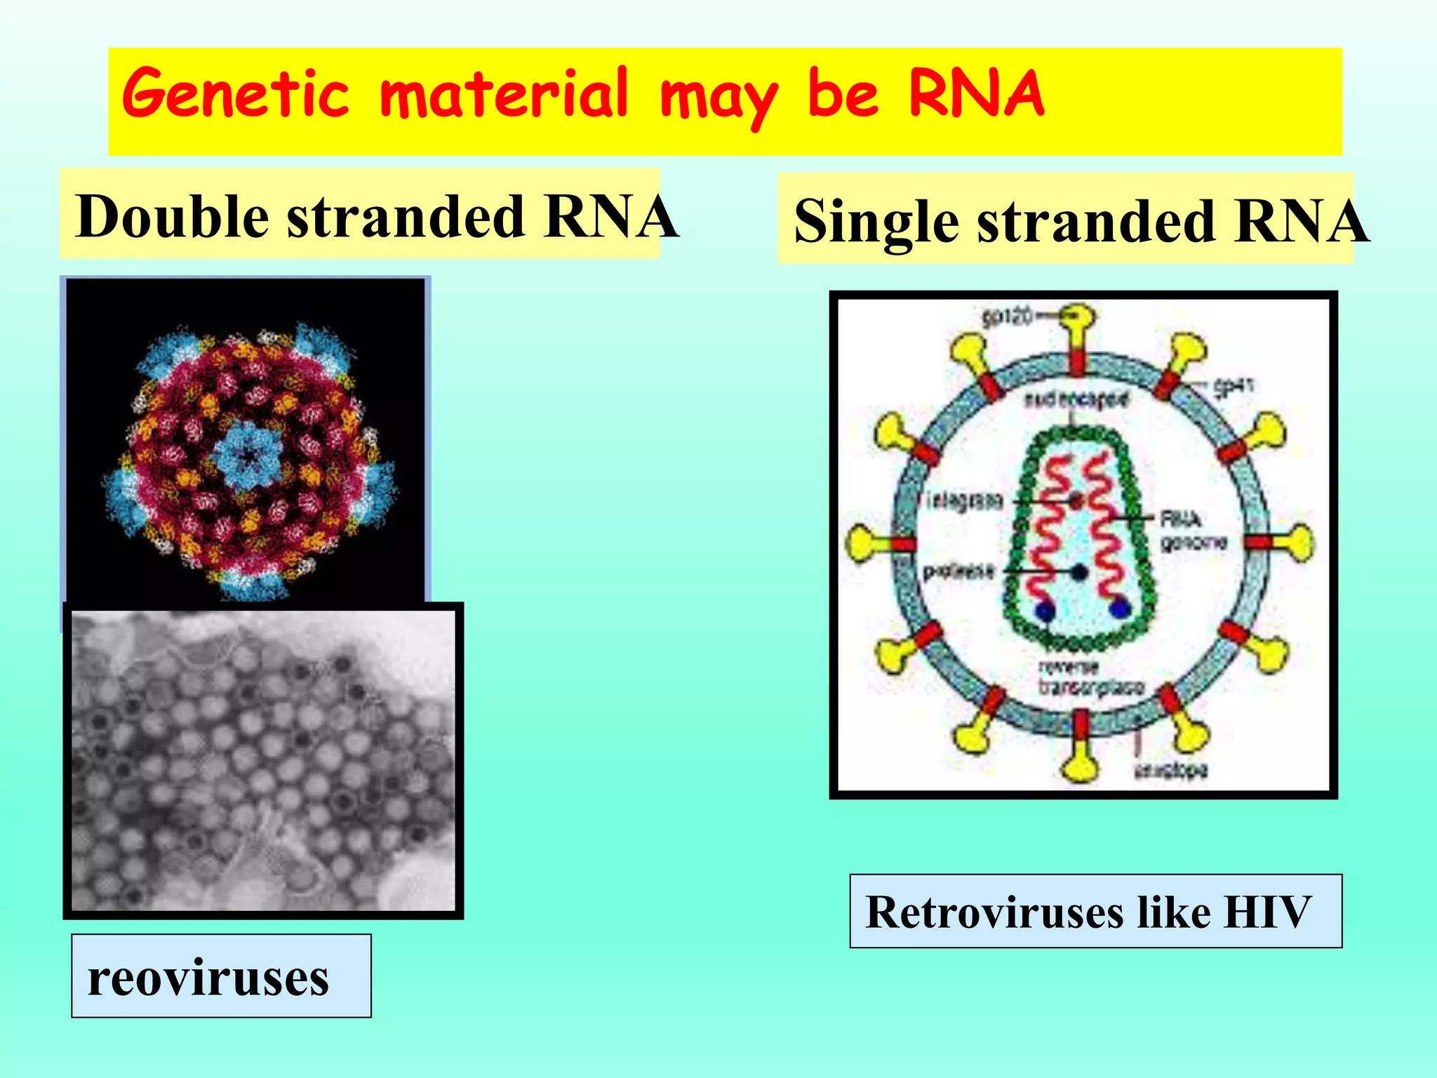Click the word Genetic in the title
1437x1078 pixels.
point(235,95)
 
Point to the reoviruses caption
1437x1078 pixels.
point(208,977)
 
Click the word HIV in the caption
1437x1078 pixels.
point(1266,912)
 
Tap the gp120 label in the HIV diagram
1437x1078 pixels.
point(1008,318)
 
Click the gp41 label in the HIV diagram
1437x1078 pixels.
point(1234,387)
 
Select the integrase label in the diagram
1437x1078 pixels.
point(965,501)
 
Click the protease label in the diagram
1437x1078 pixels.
point(958,572)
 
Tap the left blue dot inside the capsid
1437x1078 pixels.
point(1046,611)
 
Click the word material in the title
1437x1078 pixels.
point(504,95)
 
